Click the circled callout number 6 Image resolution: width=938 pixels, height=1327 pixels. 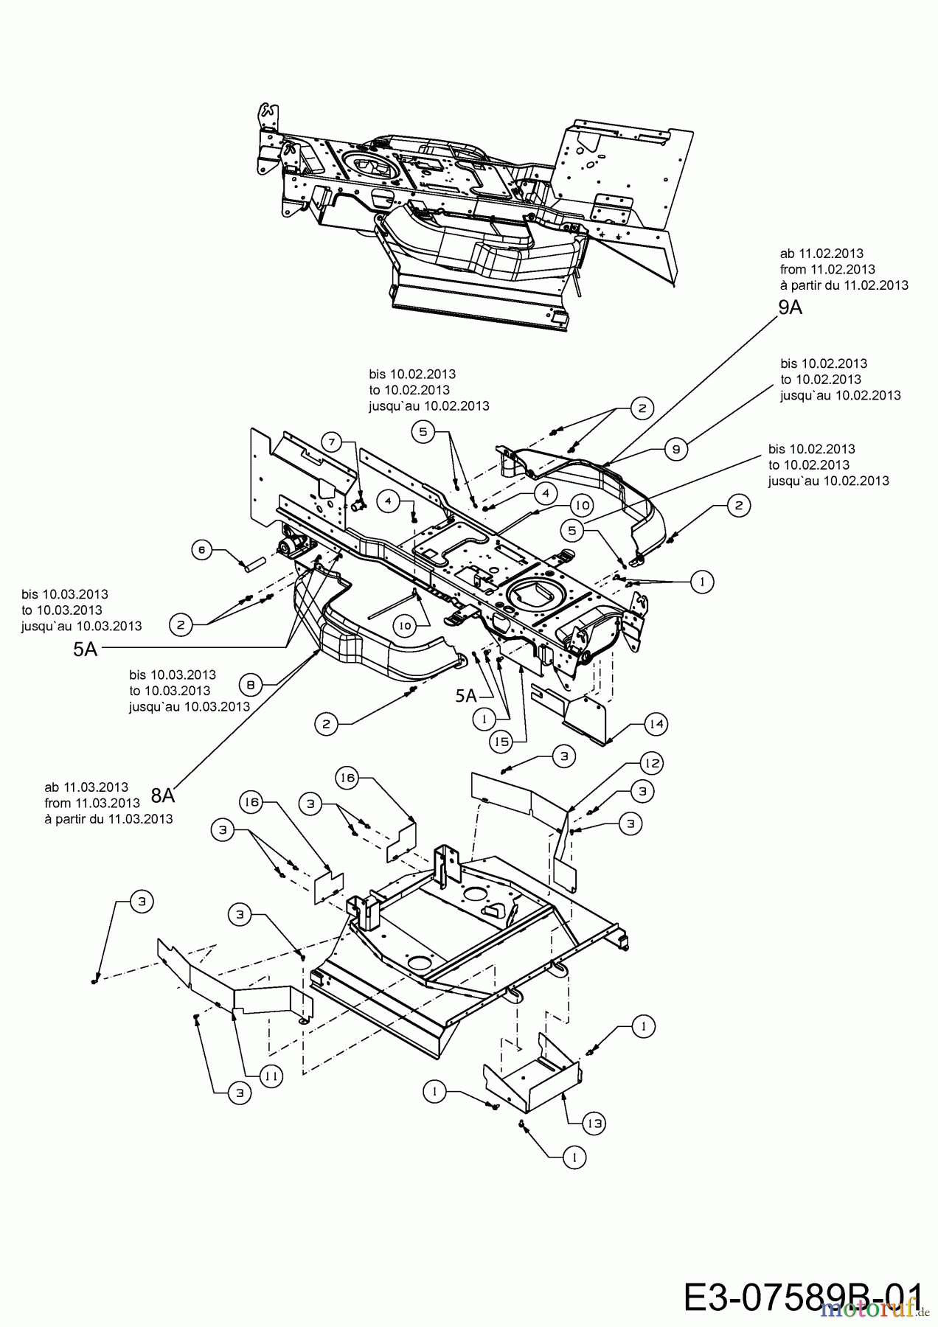coord(202,548)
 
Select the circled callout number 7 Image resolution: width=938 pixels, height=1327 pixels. coord(332,442)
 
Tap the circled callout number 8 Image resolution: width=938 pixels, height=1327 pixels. coord(251,685)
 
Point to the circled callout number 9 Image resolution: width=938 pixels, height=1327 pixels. coord(675,448)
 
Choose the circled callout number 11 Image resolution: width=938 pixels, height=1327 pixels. coord(271,1076)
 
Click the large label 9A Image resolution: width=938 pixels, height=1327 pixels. coord(790,307)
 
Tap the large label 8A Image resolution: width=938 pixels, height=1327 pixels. coord(163,795)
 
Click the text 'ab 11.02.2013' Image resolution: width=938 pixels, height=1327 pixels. coord(821,254)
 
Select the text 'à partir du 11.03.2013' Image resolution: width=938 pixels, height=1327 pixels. coord(108,819)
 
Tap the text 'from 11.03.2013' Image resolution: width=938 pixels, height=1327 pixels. coord(92,803)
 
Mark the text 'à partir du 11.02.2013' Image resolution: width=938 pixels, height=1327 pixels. coord(844,285)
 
